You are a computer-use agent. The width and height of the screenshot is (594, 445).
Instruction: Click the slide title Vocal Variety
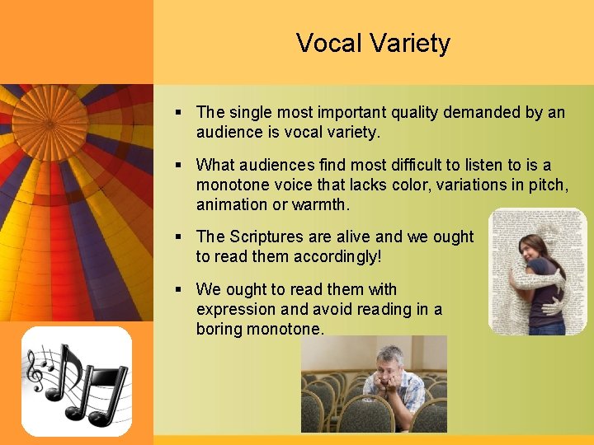click(x=373, y=43)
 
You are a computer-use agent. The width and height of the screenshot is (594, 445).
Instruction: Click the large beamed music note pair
click(x=95, y=383)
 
